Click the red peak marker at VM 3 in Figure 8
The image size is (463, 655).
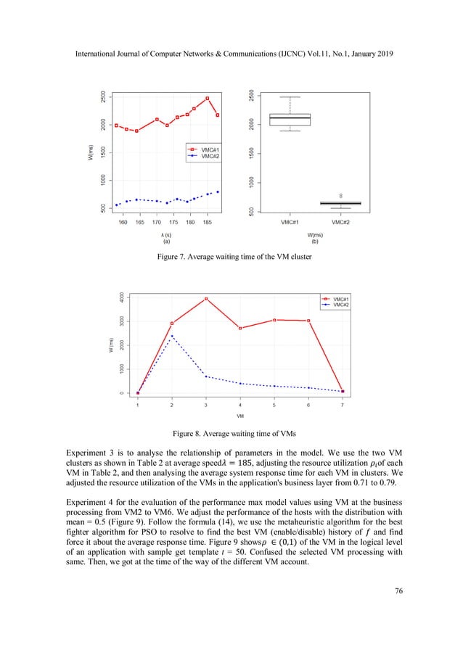pyautogui.click(x=206, y=299)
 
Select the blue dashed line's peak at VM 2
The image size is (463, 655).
pyautogui.click(x=172, y=336)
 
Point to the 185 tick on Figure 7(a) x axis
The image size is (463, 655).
pyautogui.click(x=208, y=223)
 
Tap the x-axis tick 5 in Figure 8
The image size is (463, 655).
pyautogui.click(x=274, y=405)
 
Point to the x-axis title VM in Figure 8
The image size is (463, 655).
pyautogui.click(x=239, y=416)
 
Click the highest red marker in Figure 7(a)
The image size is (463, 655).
pyautogui.click(x=208, y=99)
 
